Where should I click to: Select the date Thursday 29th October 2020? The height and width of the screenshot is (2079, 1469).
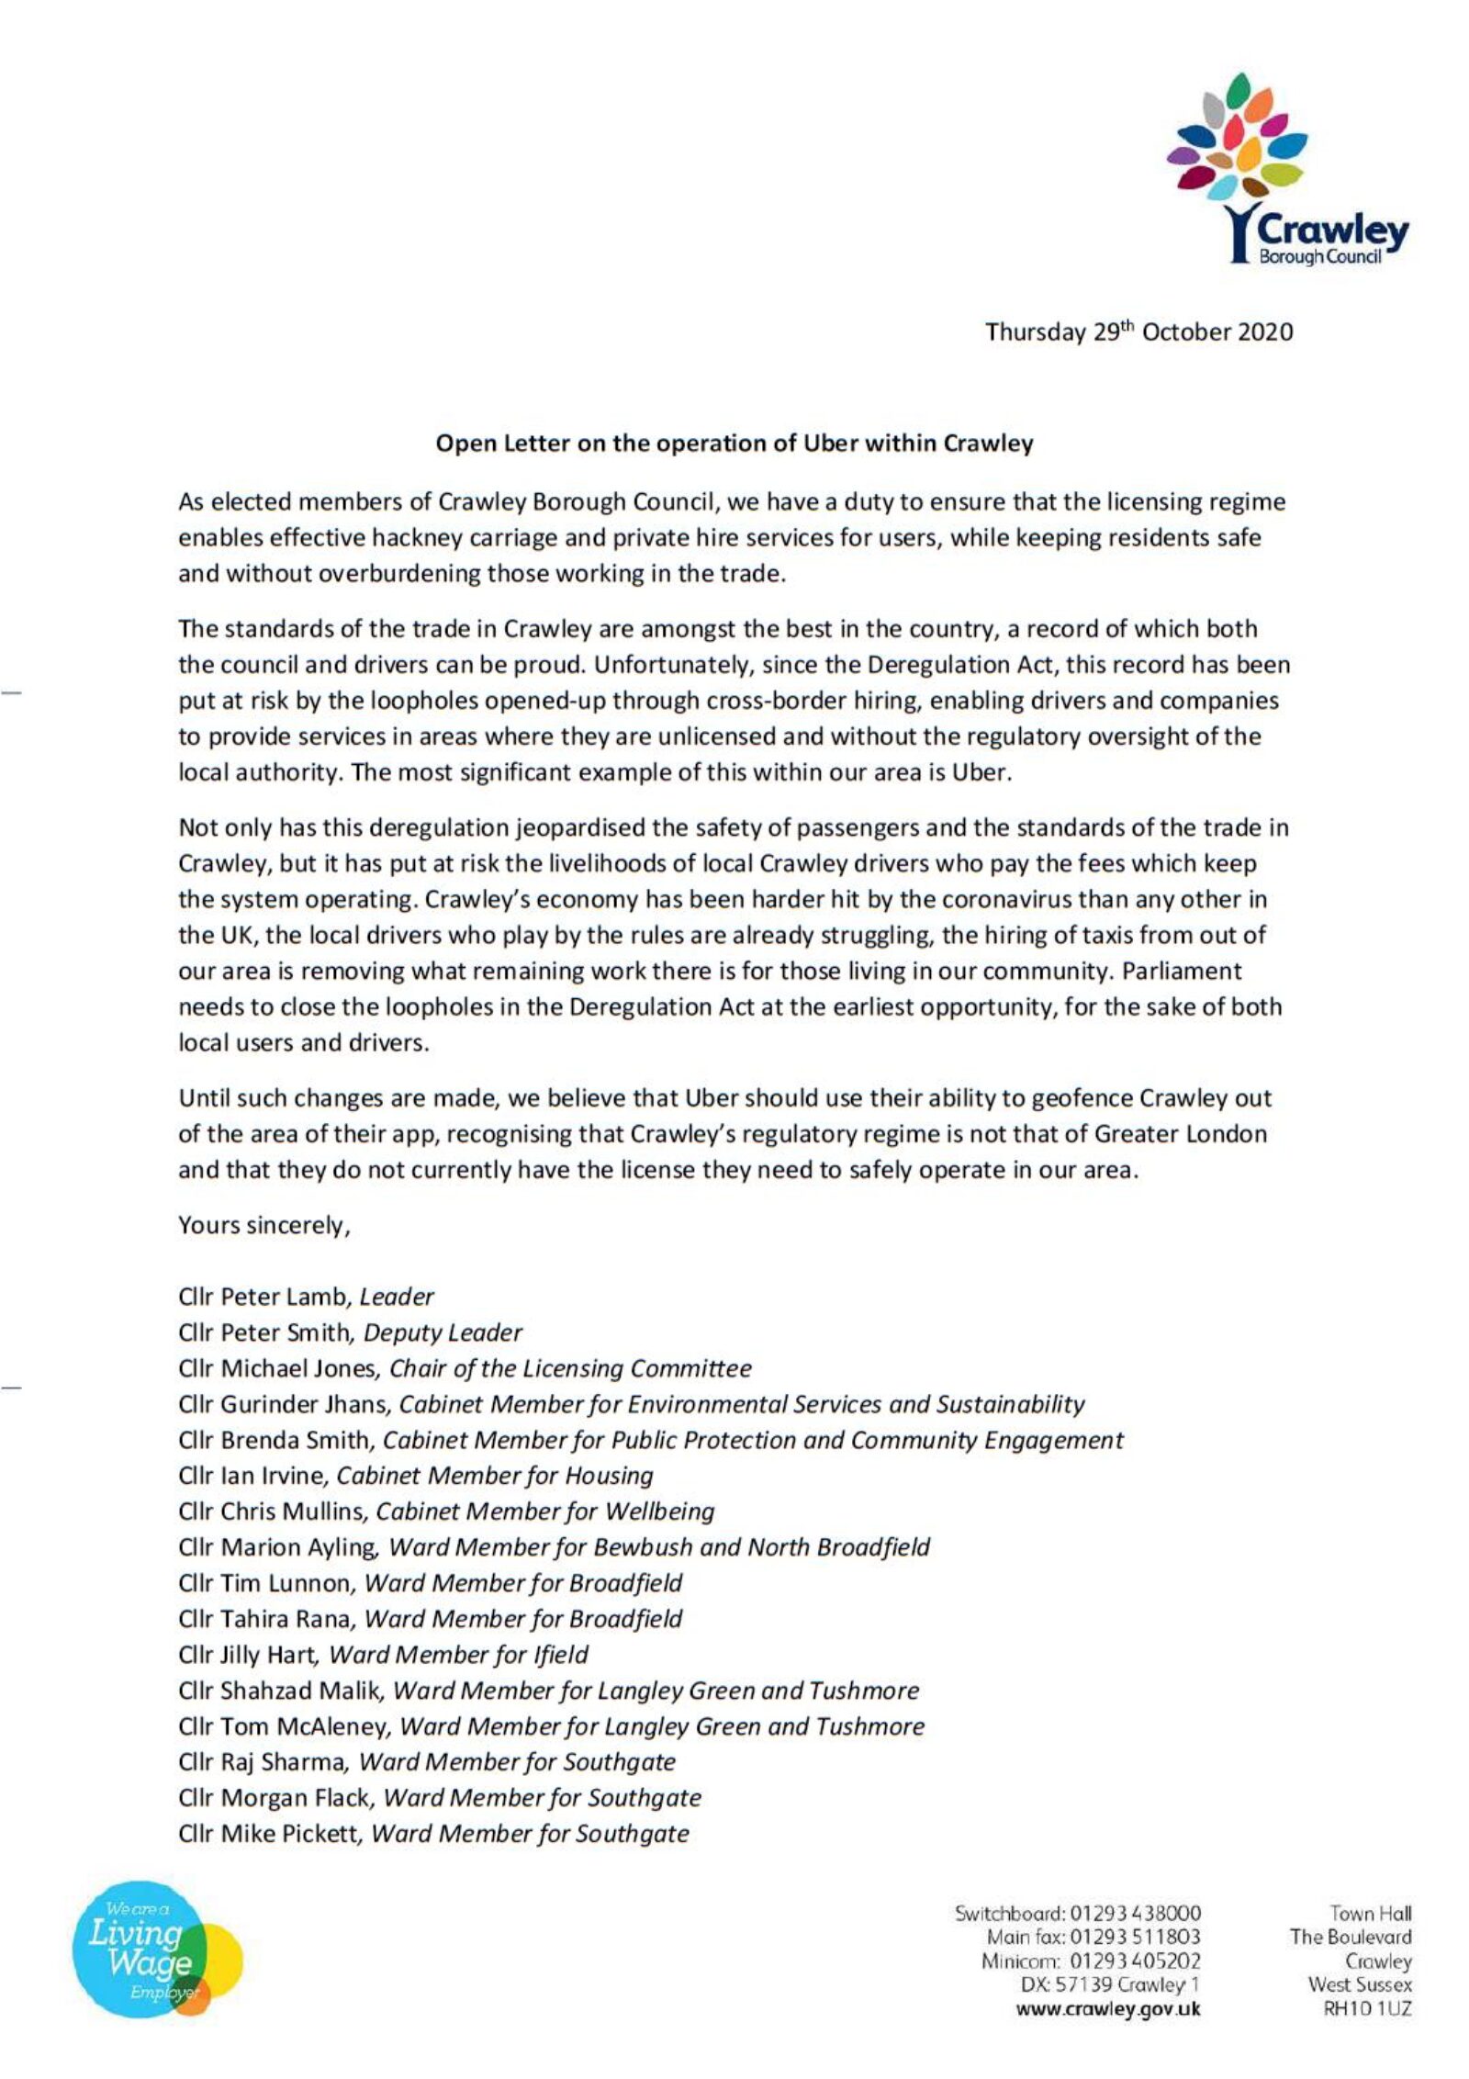tap(1138, 332)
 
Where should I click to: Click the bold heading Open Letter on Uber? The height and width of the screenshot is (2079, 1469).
tap(734, 444)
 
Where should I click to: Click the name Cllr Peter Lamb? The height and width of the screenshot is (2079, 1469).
tap(264, 1298)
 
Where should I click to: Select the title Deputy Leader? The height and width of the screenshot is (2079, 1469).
tap(443, 1333)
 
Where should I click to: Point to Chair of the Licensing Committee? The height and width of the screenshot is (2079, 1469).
tap(570, 1369)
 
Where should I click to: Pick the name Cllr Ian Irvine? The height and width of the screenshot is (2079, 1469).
tap(252, 1477)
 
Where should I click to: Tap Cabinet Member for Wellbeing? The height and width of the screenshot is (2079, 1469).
tap(545, 1512)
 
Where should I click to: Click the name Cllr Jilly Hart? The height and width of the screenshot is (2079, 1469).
tap(248, 1656)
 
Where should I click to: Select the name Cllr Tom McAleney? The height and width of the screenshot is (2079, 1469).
tap(285, 1727)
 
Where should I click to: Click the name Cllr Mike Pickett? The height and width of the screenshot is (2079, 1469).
tap(273, 1835)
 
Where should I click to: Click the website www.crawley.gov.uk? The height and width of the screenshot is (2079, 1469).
tap(1107, 2008)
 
